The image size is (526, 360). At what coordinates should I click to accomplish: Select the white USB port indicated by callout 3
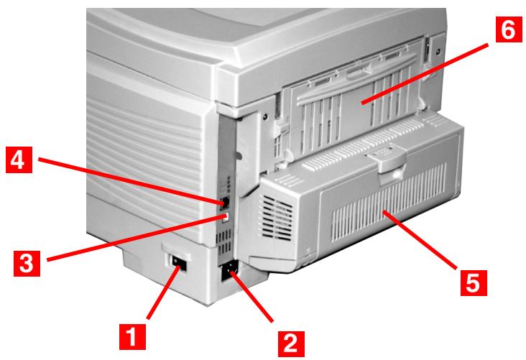pyautogui.click(x=225, y=216)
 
